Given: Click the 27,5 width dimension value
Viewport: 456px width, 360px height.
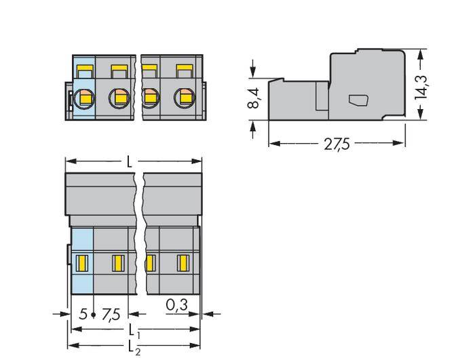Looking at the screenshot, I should click(x=337, y=144).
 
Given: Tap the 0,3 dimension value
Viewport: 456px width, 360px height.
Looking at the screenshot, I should click(x=177, y=306).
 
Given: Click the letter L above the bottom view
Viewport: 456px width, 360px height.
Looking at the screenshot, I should click(x=131, y=163).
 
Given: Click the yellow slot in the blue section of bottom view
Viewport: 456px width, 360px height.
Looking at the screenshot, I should click(x=81, y=261).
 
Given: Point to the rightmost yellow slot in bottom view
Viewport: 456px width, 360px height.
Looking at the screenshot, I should click(x=182, y=261).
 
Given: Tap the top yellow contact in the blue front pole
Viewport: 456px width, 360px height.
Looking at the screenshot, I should click(x=85, y=69).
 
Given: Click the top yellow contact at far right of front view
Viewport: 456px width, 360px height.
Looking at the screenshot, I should click(x=183, y=69).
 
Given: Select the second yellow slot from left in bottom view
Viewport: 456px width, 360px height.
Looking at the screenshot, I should click(x=117, y=261).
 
